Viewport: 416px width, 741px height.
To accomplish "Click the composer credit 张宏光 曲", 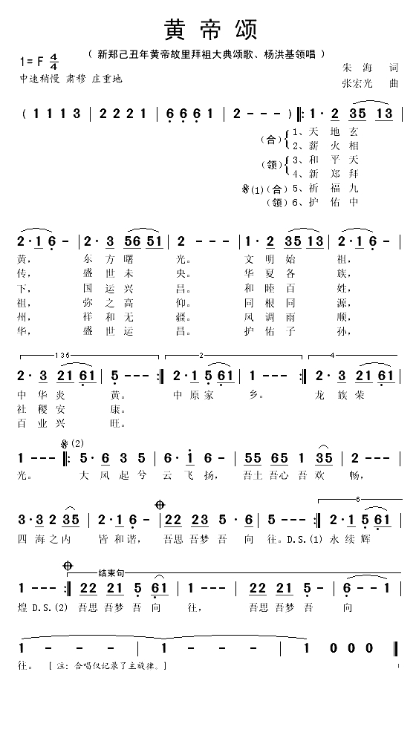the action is [368, 84].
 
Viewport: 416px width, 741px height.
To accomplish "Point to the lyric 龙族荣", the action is [341, 396].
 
